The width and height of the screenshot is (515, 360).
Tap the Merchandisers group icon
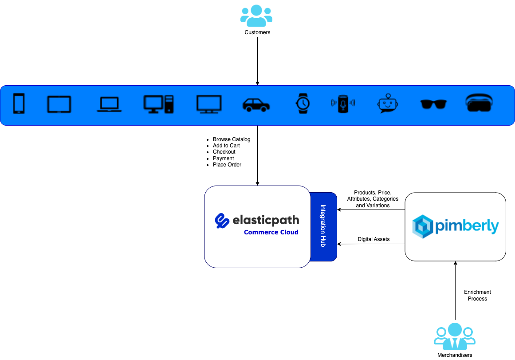(x=455, y=336)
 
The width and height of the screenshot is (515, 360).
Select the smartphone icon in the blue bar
(x=19, y=104)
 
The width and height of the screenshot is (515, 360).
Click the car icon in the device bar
(x=256, y=105)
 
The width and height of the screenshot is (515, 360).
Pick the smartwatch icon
(x=303, y=103)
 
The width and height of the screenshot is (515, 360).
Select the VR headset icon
(x=480, y=103)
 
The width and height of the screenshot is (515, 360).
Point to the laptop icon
(x=109, y=104)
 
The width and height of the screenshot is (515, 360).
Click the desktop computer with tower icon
(x=159, y=104)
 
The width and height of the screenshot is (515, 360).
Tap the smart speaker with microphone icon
(x=343, y=103)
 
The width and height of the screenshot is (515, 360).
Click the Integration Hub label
(x=323, y=226)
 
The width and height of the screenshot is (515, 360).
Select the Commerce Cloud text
(x=271, y=232)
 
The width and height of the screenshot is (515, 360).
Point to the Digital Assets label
(x=373, y=239)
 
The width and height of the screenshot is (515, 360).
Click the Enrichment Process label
(x=477, y=295)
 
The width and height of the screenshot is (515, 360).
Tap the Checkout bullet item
(x=224, y=152)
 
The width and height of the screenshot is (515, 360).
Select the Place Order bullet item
(x=227, y=165)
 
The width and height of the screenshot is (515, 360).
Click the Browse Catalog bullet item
(x=231, y=139)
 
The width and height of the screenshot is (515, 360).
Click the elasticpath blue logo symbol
(x=221, y=221)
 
